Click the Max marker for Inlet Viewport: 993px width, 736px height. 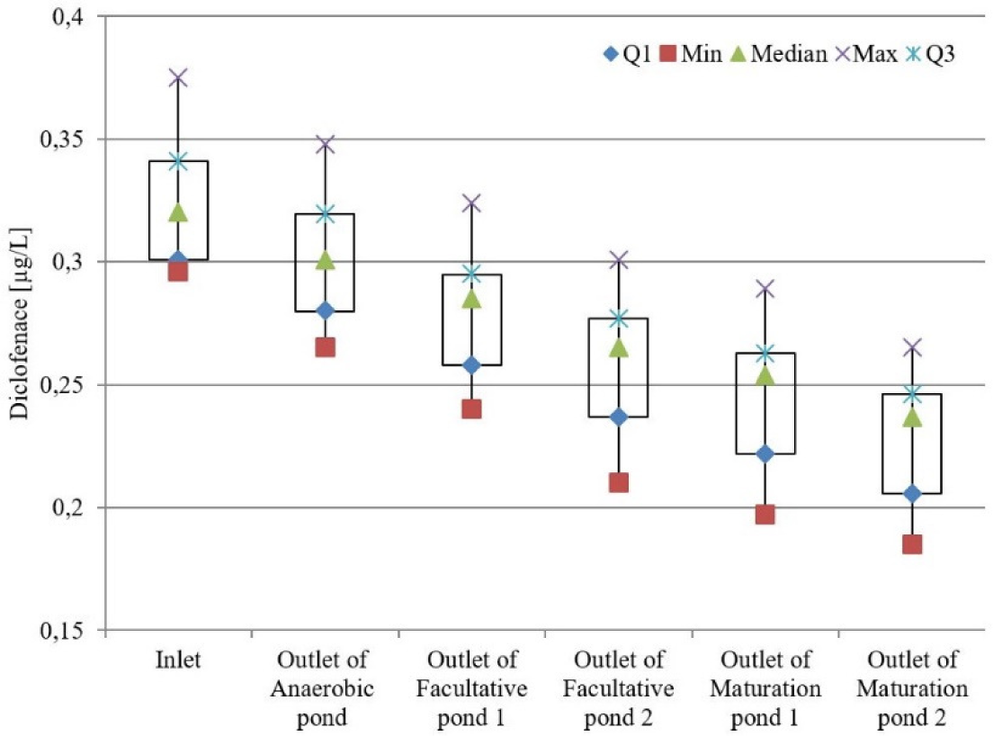point(178,78)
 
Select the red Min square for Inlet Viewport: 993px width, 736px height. point(178,271)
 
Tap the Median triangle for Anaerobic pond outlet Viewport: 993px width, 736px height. point(325,260)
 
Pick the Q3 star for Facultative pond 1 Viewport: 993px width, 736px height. point(471,274)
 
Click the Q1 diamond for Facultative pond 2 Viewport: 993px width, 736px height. point(618,417)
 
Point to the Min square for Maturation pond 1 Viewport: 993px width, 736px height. point(765,514)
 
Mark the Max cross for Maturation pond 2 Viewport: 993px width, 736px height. point(912,347)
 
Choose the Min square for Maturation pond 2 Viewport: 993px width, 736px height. point(912,544)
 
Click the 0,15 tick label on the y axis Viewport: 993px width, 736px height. point(61,631)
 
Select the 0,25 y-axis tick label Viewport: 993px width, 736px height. point(61,385)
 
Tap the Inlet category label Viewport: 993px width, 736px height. point(178,661)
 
